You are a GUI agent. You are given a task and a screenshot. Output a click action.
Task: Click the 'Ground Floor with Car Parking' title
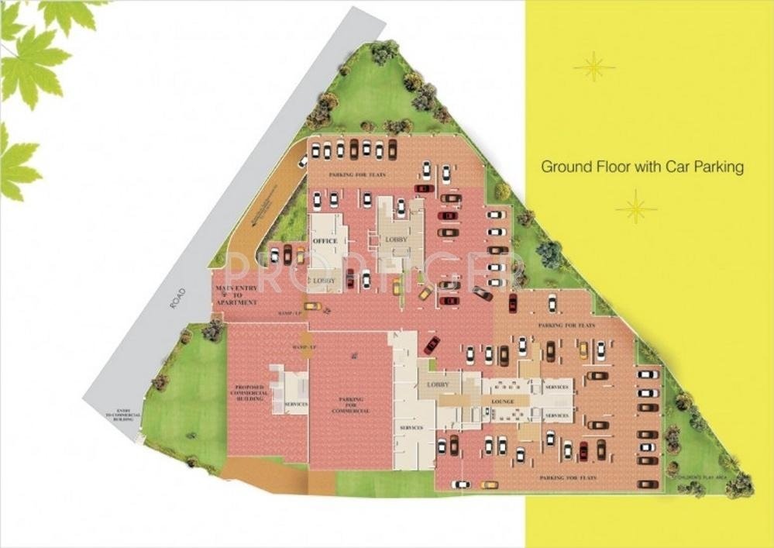(x=642, y=167)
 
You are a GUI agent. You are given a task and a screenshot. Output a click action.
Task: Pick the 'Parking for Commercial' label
(x=351, y=405)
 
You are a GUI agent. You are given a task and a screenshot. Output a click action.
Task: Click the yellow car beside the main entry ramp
(x=312, y=306)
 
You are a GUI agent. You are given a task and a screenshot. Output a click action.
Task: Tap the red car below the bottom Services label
(x=583, y=450)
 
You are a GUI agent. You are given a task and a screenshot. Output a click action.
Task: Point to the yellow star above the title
(x=594, y=67)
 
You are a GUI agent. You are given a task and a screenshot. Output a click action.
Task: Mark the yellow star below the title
(x=635, y=207)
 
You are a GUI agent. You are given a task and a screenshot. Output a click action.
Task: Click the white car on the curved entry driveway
(x=303, y=160)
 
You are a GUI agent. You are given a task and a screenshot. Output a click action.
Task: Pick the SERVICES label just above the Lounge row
(x=556, y=387)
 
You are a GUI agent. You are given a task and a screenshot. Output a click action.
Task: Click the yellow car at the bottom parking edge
(x=488, y=485)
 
